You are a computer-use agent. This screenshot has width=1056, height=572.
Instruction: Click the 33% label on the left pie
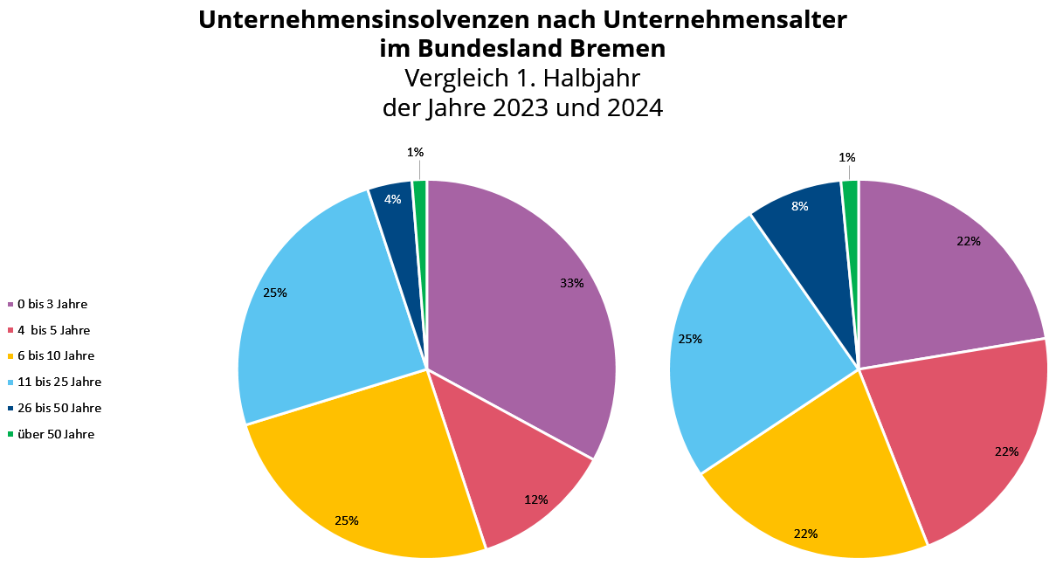tap(571, 283)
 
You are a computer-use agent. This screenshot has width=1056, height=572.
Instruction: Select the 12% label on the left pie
tap(535, 500)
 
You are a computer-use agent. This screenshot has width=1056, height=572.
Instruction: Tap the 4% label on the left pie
tap(393, 199)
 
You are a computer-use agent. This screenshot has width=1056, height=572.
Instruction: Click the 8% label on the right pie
tap(799, 207)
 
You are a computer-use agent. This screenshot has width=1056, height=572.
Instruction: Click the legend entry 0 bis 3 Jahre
tap(52, 304)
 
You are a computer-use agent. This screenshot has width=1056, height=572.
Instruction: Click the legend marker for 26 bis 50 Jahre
tap(10, 408)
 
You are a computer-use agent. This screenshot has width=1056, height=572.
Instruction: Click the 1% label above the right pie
tap(846, 157)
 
